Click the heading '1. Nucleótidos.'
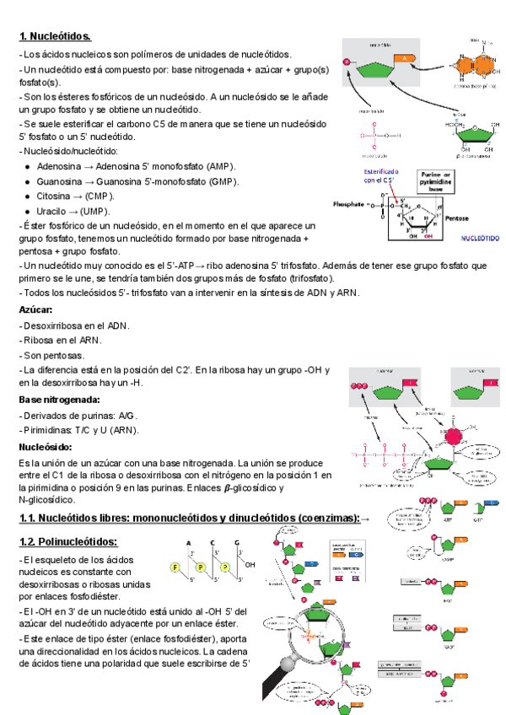coord(55,36)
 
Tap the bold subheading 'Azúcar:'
coord(36,309)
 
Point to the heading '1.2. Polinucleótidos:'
coord(68,540)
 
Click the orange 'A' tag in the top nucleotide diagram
coord(404,57)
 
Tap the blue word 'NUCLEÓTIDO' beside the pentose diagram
coord(482,238)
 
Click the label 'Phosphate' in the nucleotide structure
coord(348,204)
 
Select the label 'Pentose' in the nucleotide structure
coord(457,218)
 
